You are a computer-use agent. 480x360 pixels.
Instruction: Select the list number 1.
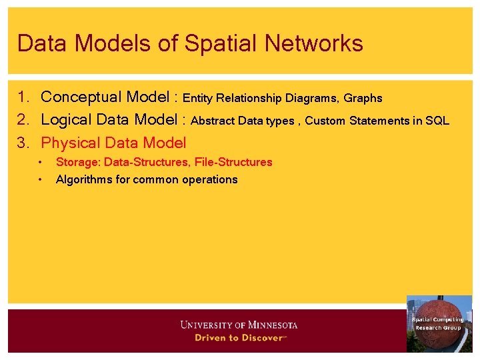[23, 97]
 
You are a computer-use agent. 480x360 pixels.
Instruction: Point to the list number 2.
[23, 120]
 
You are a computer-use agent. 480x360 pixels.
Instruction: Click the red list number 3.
[23, 143]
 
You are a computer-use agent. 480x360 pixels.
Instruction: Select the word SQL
[438, 121]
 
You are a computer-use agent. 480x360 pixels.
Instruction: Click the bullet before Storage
[41, 162]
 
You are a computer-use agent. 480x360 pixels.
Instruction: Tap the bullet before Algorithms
[41, 179]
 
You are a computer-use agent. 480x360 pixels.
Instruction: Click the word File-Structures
[233, 162]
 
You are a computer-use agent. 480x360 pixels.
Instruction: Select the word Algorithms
[81, 179]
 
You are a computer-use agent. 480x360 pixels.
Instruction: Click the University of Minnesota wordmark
[239, 325]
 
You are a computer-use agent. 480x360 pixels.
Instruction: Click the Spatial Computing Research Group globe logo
[439, 323]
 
